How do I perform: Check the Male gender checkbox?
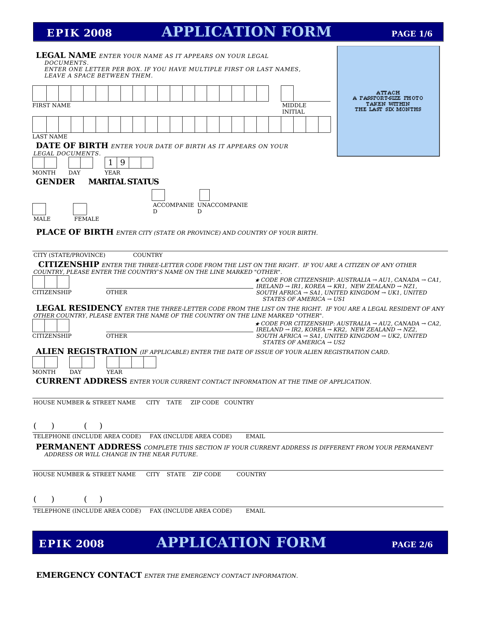pos(39,209)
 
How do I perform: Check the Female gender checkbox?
pos(80,209)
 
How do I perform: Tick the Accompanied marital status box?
pos(158,195)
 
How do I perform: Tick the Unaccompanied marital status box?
pos(204,195)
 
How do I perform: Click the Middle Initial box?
pos(287,93)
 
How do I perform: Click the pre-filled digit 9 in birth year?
pos(123,162)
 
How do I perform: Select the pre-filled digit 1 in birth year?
pos(111,162)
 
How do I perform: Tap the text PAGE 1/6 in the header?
pos(412,34)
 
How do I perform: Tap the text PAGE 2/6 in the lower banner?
pos(412,545)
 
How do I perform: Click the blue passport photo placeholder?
pos(388,101)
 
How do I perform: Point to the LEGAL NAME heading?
pos(66,55)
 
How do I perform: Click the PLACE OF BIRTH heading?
pos(75,232)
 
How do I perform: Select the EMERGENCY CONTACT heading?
pos(89,575)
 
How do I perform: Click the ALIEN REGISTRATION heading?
pos(86,351)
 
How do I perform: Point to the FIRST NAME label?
pos(52,105)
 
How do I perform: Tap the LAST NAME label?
pos(50,137)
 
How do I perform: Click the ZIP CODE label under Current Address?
pos(204,402)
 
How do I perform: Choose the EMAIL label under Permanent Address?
pos(255,511)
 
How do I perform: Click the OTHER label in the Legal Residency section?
pos(117,336)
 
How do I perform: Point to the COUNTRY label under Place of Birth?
pos(148,255)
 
